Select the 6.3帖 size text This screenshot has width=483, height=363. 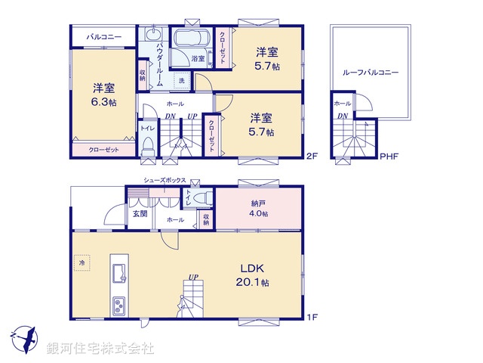click(104, 102)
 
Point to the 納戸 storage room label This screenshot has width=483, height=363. click(258, 203)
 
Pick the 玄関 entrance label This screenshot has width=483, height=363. click(141, 213)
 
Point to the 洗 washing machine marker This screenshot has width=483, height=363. click(181, 80)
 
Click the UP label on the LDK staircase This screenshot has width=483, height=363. click(194, 278)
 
